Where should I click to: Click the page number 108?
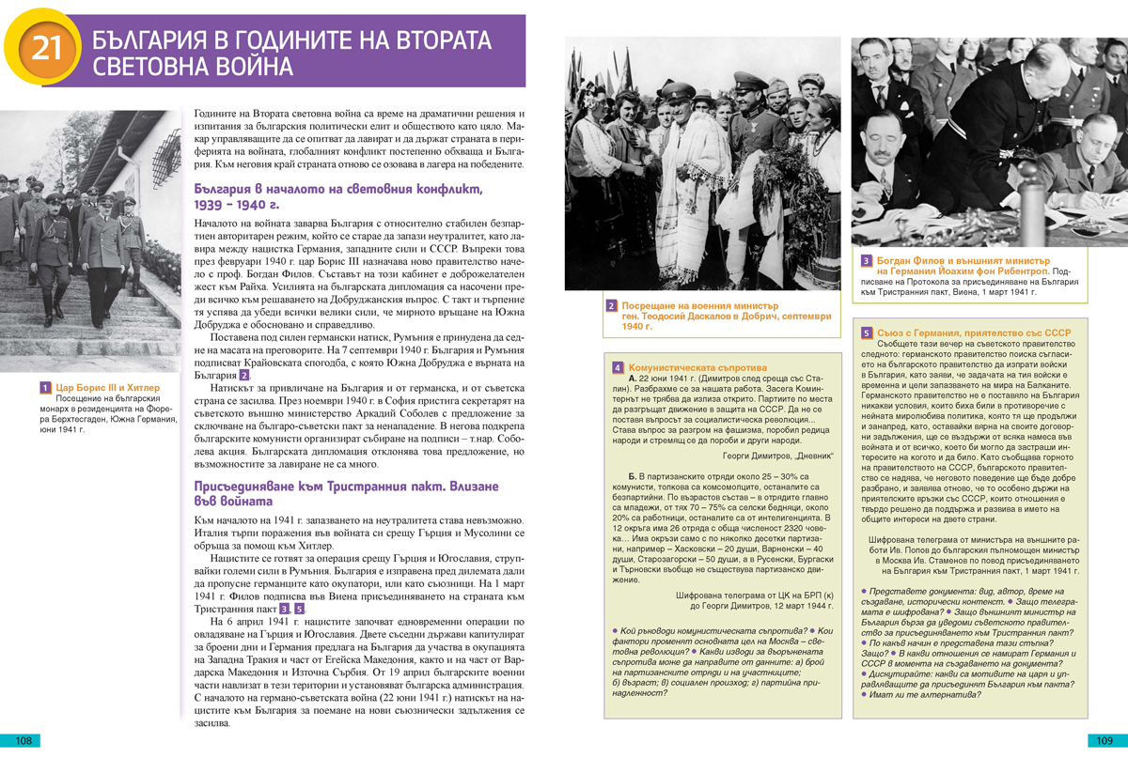point(23,740)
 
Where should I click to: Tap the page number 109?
point(1104,740)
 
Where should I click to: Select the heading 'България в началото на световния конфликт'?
point(337,189)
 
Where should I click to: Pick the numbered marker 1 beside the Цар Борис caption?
point(45,387)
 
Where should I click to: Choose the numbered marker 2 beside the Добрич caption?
point(611,306)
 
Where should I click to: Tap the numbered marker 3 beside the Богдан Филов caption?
point(866,260)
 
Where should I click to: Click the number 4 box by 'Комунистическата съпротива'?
point(618,367)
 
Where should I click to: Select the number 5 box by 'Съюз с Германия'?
point(866,333)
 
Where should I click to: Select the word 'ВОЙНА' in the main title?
point(249,68)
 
